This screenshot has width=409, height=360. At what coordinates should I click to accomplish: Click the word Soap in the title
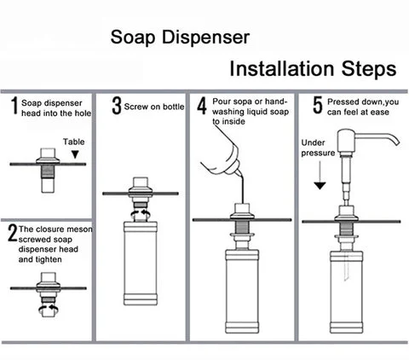133,38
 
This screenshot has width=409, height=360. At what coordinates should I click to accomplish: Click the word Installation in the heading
282,69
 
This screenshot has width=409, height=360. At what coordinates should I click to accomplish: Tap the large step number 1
14,106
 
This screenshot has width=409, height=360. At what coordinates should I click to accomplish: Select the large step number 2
13,233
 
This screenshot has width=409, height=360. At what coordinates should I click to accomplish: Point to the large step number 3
117,106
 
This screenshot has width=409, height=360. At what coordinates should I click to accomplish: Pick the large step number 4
202,106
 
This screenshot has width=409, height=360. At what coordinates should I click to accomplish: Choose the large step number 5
318,105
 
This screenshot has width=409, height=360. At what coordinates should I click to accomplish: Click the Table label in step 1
73,142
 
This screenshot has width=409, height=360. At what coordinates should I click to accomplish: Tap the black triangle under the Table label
75,154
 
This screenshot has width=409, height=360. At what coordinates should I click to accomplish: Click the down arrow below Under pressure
320,176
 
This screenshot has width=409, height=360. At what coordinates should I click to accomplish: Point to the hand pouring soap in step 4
222,160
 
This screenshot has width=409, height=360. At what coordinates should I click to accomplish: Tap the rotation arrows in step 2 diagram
49,308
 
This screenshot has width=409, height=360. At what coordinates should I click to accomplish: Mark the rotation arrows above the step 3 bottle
141,214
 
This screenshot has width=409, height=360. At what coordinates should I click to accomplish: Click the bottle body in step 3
141,263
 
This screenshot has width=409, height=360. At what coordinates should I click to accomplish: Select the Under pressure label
318,148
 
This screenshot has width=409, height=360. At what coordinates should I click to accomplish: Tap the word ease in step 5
379,112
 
